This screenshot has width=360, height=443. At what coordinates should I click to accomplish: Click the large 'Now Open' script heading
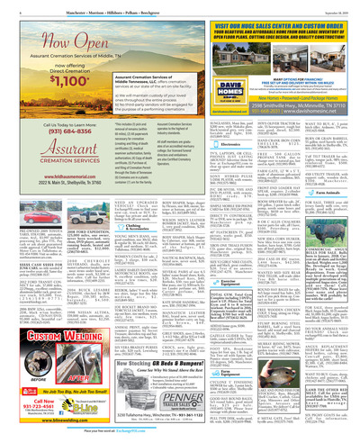point(54,46)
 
